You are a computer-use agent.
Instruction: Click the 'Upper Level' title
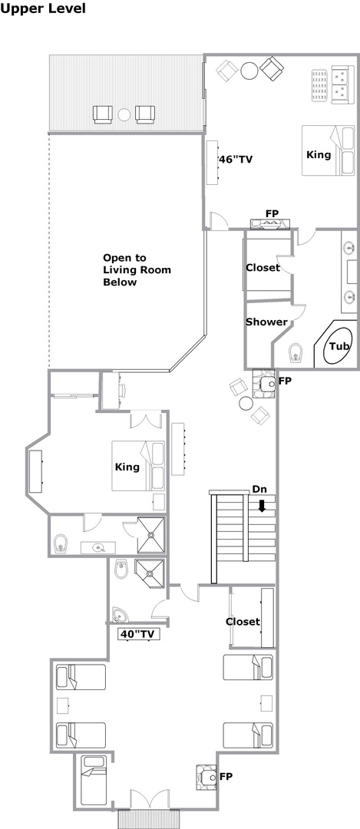[x=43, y=8]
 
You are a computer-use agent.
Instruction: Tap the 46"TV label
[x=235, y=160]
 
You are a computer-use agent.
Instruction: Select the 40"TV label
[x=138, y=635]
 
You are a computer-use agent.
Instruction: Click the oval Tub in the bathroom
[x=339, y=345]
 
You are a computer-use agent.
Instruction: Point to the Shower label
[x=266, y=322]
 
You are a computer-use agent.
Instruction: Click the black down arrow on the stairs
[x=262, y=506]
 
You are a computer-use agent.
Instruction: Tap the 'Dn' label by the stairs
[x=259, y=490]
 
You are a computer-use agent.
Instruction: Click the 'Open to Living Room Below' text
[x=137, y=269]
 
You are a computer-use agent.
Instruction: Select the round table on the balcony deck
[x=124, y=114]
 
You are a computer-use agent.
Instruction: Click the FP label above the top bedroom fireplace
[x=272, y=213]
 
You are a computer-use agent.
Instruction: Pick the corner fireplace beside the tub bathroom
[x=264, y=382]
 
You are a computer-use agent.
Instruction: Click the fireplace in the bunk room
[x=206, y=777]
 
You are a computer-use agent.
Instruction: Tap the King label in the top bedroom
[x=319, y=154]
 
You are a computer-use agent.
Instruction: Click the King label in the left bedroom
[x=127, y=467]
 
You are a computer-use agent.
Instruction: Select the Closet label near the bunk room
[x=243, y=622]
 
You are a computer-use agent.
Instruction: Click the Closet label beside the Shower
[x=263, y=268]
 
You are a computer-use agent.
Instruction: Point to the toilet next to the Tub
[x=296, y=353]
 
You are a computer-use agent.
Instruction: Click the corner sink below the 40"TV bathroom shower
[x=120, y=614]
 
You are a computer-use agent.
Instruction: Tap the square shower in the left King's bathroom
[x=151, y=534]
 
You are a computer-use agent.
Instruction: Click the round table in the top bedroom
[x=249, y=71]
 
